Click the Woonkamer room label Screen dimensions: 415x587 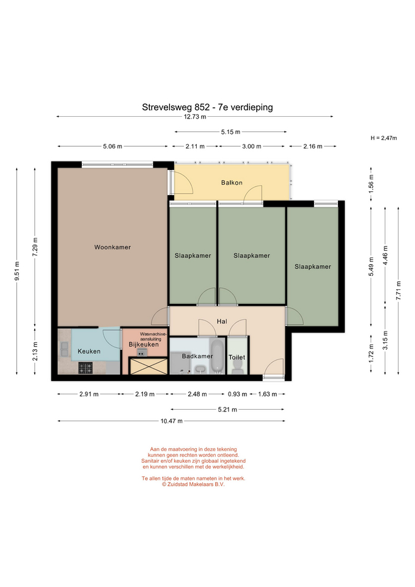(112, 247)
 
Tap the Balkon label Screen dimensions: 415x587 (232, 183)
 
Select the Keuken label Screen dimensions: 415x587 (89, 351)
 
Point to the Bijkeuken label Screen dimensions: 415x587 (144, 344)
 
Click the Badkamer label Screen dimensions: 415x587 (197, 356)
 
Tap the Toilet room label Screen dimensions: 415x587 (237, 357)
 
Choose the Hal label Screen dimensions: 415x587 (222, 321)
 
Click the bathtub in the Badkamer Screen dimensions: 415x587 (217, 356)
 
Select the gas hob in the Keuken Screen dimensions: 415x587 (86, 368)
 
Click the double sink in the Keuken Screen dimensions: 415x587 (64, 349)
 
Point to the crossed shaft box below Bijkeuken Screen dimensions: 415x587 (148, 366)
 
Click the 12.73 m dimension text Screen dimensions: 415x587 (194, 116)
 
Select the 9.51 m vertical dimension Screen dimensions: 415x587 (17, 271)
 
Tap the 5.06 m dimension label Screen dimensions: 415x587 (112, 146)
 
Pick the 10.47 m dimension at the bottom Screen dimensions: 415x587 (171, 421)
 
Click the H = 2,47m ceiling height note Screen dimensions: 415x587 (384, 138)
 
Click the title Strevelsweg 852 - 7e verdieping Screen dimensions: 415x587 (207, 107)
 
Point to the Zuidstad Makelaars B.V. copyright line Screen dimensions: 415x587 (193, 484)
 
